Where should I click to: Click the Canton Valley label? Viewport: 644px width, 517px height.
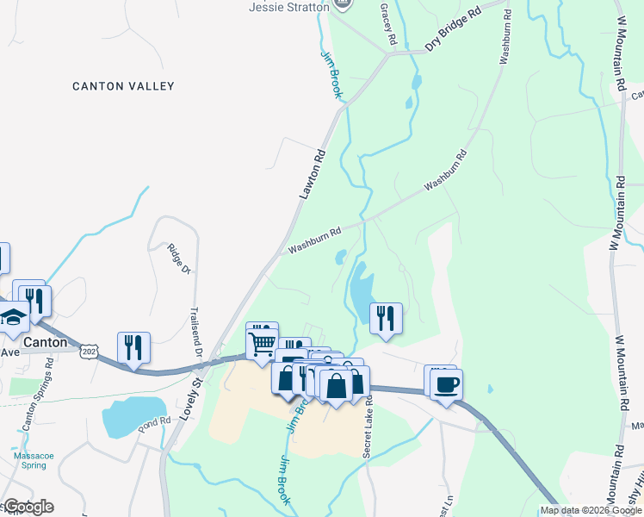tap(123, 86)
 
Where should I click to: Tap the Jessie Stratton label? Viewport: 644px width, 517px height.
tap(289, 7)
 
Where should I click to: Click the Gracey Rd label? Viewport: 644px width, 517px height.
tap(389, 24)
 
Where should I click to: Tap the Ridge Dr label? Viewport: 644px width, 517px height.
tap(177, 258)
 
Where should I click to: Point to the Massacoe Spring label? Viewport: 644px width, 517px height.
tap(33, 459)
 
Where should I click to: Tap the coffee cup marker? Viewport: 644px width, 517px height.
tap(446, 384)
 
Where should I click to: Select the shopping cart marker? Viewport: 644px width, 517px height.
tap(262, 343)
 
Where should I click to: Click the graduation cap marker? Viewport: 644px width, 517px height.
tap(13, 319)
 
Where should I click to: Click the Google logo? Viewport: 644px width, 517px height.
tap(28, 507)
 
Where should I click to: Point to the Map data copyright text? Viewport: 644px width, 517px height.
tap(591, 510)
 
